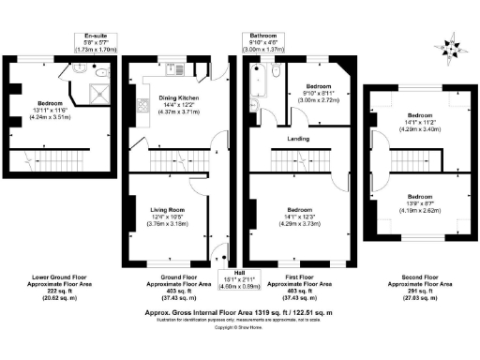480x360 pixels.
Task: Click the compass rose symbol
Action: [456, 43]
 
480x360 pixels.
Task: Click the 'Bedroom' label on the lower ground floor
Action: [52, 101]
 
